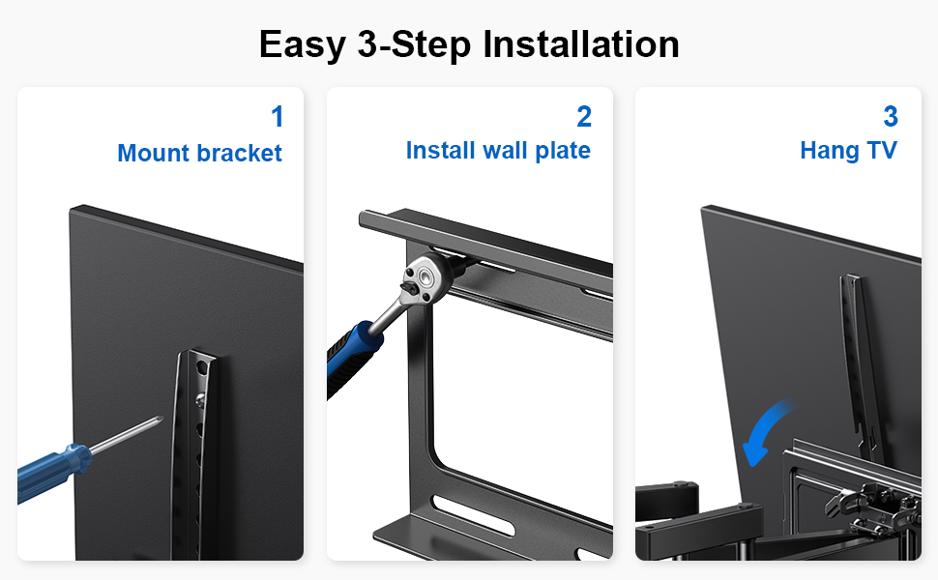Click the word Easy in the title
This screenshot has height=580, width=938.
(x=303, y=44)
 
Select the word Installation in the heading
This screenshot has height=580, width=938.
(x=581, y=43)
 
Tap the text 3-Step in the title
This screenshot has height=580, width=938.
(x=414, y=44)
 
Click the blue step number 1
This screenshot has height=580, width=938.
(x=277, y=117)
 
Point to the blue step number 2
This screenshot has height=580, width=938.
(x=584, y=117)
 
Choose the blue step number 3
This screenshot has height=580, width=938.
(x=891, y=117)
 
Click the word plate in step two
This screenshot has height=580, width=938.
(x=563, y=151)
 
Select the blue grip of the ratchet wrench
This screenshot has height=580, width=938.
(x=352, y=358)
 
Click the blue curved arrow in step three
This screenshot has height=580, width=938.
(x=766, y=427)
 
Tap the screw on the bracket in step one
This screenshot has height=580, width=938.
(x=200, y=397)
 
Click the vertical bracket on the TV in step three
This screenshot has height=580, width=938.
(x=860, y=364)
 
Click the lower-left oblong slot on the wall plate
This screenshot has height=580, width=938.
(x=473, y=514)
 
